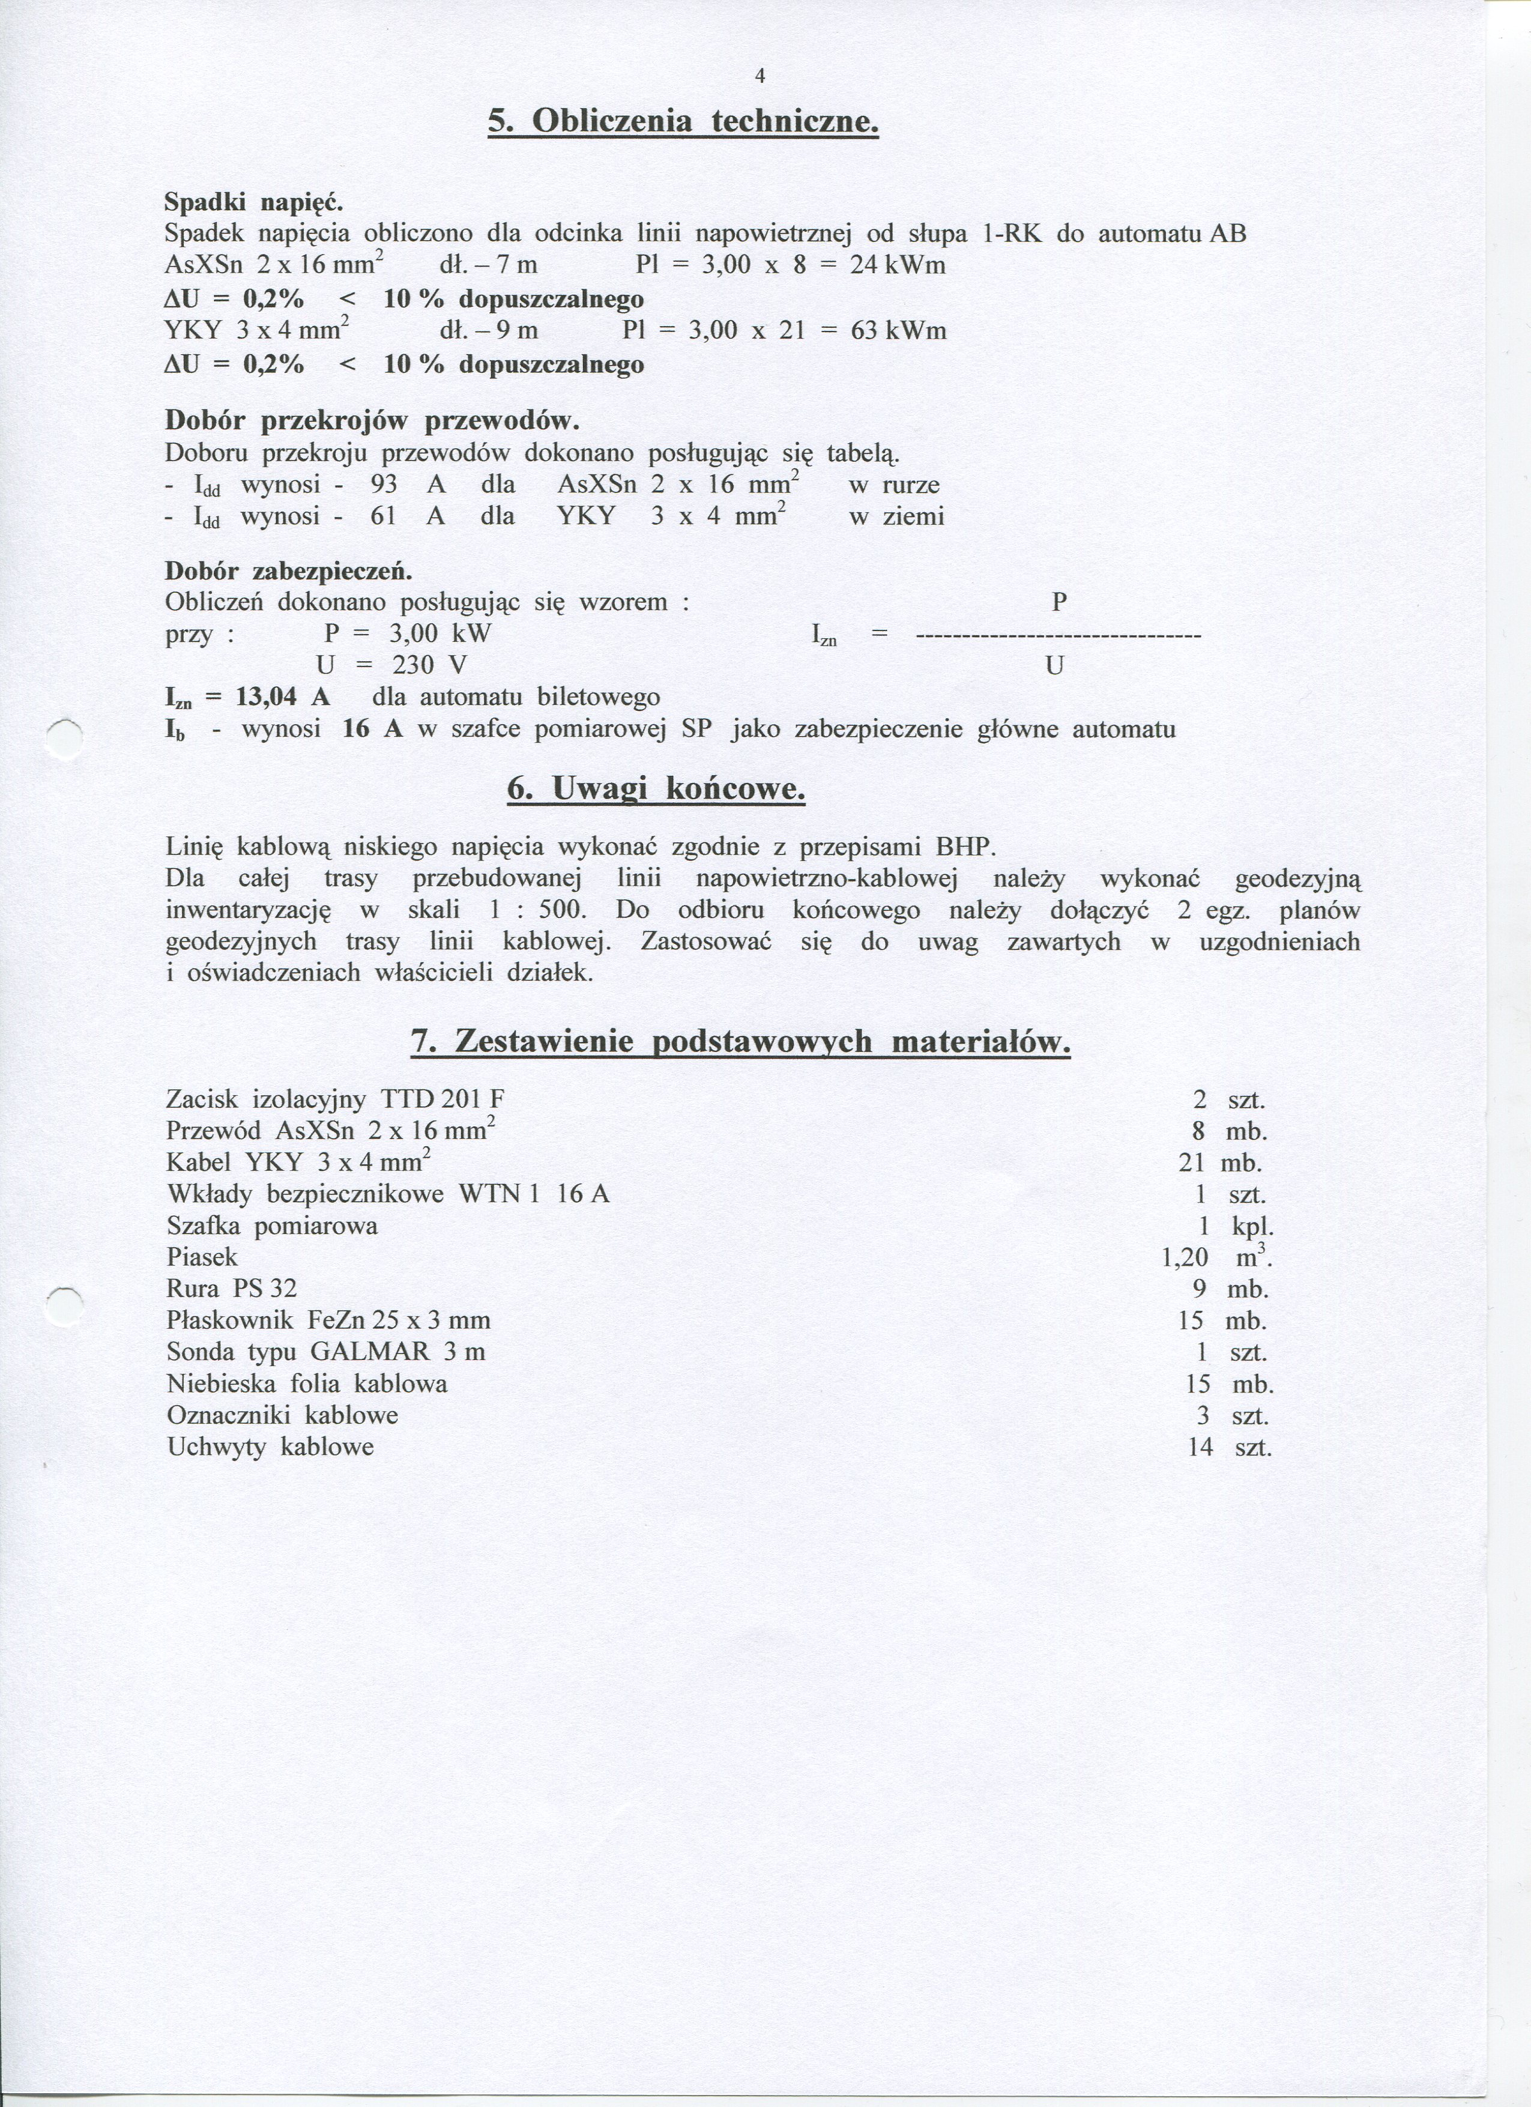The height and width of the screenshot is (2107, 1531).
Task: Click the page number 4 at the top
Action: (x=760, y=77)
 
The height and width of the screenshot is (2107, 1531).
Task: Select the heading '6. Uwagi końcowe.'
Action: (x=656, y=790)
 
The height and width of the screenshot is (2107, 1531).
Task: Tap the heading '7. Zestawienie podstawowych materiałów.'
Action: (x=740, y=1042)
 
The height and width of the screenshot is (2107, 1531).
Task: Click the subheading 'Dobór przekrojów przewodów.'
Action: (x=372, y=421)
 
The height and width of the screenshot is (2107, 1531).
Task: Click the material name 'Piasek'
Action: (x=202, y=1258)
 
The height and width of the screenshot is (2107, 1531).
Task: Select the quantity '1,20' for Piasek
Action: (x=1185, y=1258)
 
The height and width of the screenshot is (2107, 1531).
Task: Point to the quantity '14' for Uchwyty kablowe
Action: (x=1200, y=1448)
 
